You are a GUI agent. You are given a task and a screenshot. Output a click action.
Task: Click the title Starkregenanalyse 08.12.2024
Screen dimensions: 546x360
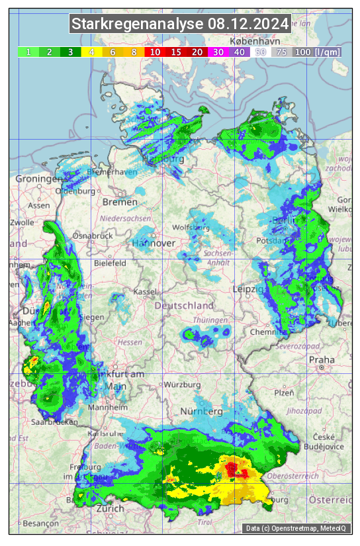180,24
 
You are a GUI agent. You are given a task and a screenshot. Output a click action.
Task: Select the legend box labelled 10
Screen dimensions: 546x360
155,52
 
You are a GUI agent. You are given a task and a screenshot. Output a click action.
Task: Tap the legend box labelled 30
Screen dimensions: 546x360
218,52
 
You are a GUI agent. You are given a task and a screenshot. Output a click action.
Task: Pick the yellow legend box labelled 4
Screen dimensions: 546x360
92,52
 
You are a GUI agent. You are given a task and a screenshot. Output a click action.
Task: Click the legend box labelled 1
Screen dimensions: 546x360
28,52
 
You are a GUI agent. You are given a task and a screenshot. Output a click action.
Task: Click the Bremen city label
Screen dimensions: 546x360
120,202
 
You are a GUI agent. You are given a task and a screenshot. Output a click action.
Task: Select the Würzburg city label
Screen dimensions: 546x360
182,385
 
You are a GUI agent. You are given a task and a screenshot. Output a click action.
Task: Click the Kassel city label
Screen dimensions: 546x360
144,292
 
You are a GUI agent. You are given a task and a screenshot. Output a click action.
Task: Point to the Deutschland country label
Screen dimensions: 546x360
184,306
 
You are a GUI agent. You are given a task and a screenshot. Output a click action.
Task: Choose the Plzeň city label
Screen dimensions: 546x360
284,392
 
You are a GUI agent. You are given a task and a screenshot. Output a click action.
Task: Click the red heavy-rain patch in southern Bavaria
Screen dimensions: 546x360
234,471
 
